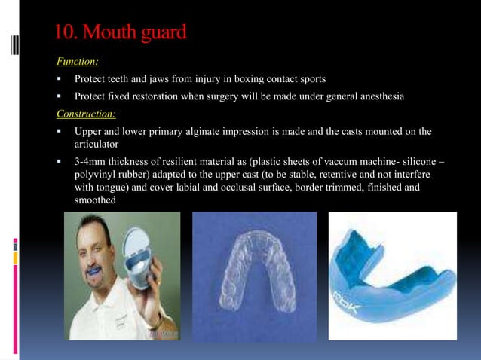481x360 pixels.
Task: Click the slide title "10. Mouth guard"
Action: click(x=120, y=33)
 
